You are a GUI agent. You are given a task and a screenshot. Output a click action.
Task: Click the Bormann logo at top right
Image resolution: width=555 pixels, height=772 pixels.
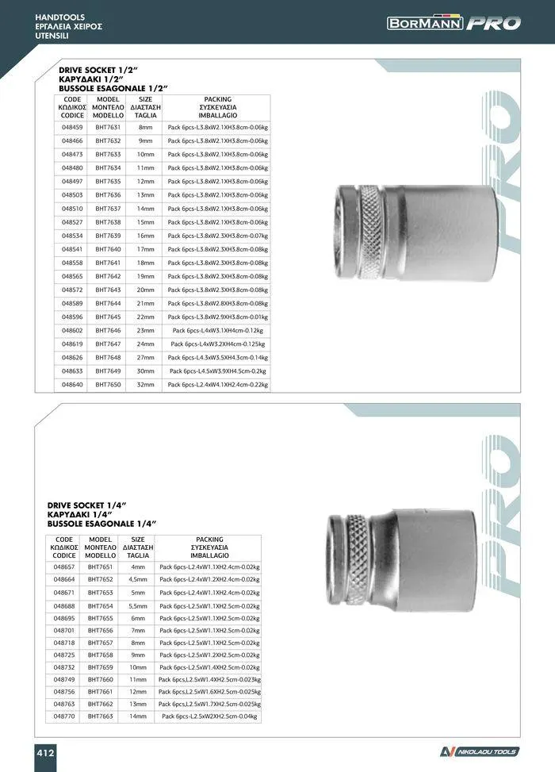454,23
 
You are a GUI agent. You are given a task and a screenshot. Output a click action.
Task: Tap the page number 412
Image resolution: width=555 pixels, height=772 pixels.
45,753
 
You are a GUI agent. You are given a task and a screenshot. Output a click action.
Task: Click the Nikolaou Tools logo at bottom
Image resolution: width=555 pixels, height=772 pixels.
479,752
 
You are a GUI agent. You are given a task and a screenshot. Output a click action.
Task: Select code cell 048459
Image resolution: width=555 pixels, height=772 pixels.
72,127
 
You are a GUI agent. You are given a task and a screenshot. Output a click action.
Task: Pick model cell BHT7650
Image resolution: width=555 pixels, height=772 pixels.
108,385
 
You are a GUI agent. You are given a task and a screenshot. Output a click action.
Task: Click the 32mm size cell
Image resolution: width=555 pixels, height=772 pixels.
145,385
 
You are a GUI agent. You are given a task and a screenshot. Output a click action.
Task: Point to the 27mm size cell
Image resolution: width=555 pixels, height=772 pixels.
145,358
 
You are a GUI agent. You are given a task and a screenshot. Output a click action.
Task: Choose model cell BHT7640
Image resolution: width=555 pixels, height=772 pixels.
108,249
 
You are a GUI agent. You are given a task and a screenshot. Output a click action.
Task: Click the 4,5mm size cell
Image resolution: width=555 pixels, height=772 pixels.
138,579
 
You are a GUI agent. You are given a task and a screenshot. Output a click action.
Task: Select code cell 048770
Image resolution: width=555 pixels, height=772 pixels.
64,716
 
